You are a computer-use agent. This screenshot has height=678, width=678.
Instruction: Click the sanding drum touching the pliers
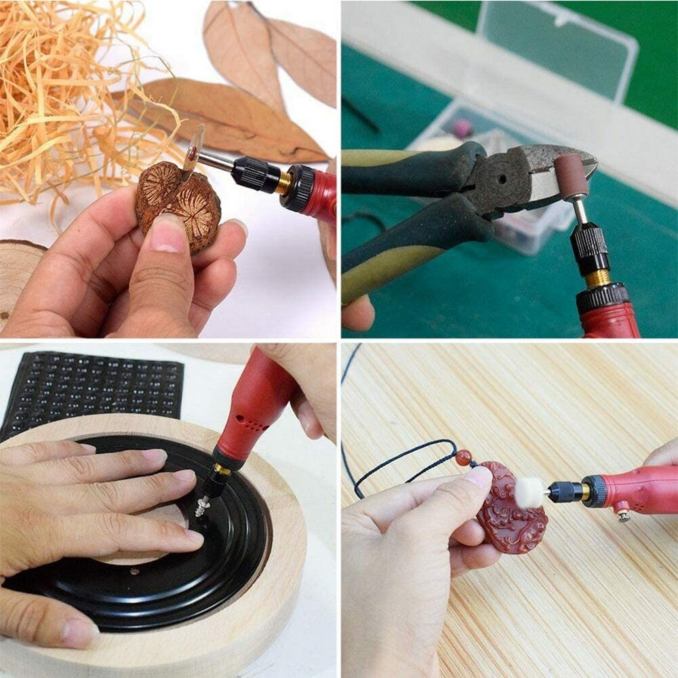pyautogui.click(x=571, y=175)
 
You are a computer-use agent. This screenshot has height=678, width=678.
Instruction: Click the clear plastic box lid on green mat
pyautogui.click(x=556, y=41)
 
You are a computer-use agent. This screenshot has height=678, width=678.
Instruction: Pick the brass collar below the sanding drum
pyautogui.click(x=597, y=278)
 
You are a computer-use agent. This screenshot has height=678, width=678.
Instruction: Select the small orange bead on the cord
pyautogui.click(x=463, y=458)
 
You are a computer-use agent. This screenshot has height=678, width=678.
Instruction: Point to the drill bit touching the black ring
pyautogui.click(x=201, y=507)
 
